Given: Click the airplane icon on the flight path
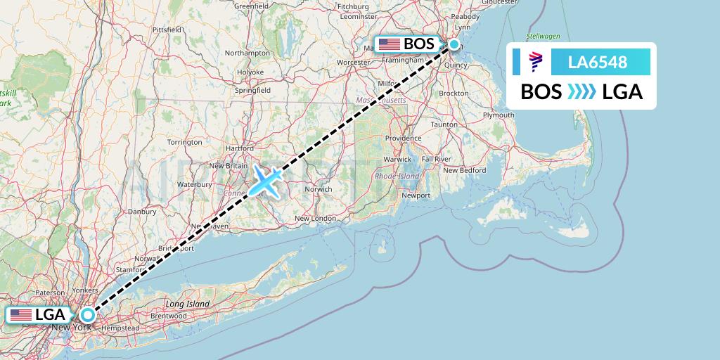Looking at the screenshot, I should click(265, 181).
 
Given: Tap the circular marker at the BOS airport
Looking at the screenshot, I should click(454, 44).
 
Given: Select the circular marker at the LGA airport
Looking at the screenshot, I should click(87, 315).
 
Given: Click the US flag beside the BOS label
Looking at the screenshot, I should click(389, 44).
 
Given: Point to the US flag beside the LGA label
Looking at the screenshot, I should click(21, 315).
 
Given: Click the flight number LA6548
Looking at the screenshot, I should click(598, 63).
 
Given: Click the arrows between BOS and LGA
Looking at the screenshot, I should click(581, 91).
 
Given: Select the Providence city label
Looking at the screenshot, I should click(402, 138).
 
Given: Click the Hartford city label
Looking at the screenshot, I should click(240, 149).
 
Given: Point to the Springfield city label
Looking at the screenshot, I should click(253, 91).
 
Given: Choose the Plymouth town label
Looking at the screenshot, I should click(499, 115).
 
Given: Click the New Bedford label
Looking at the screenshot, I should click(464, 170).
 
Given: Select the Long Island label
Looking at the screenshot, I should click(188, 304).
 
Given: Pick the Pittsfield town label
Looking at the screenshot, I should click(167, 30).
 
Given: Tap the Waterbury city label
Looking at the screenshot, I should click(195, 184).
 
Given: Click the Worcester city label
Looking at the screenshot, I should click(353, 63).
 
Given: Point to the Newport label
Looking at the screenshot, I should click(415, 195).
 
